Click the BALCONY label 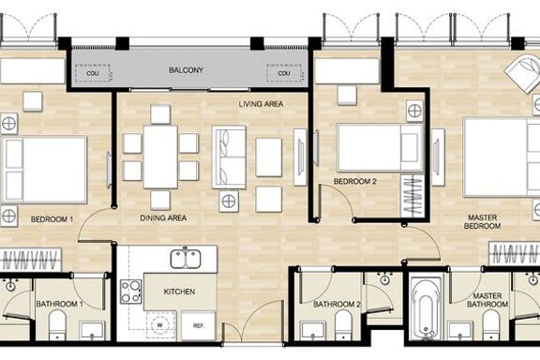click(x=186, y=70)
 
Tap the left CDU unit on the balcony click(x=93, y=73)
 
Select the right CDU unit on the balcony click(x=284, y=73)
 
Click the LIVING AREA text click(x=261, y=104)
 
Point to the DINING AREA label click(x=163, y=218)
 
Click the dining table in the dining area click(x=160, y=157)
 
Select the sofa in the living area click(x=229, y=157)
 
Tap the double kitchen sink click(x=186, y=259)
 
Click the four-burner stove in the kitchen click(x=131, y=292)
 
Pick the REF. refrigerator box click(x=199, y=325)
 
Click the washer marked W click(x=159, y=325)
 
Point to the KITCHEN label click(x=179, y=292)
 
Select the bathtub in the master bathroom click(x=427, y=308)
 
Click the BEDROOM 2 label click(x=355, y=182)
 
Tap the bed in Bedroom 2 click(x=380, y=148)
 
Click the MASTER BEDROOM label click(x=482, y=222)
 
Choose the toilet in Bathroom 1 click(x=57, y=325)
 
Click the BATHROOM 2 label click(x=337, y=305)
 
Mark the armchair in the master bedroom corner click(x=523, y=73)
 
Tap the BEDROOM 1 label click(x=52, y=219)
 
